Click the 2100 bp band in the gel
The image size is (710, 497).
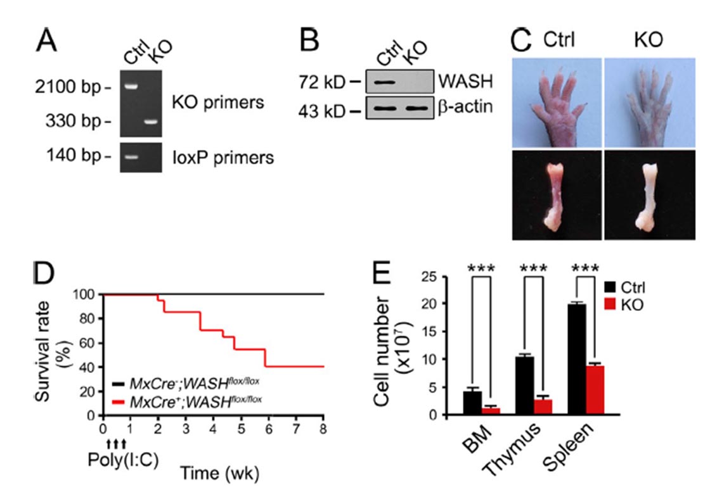click(x=131, y=87)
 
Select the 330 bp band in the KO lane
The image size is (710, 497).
click(x=151, y=122)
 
